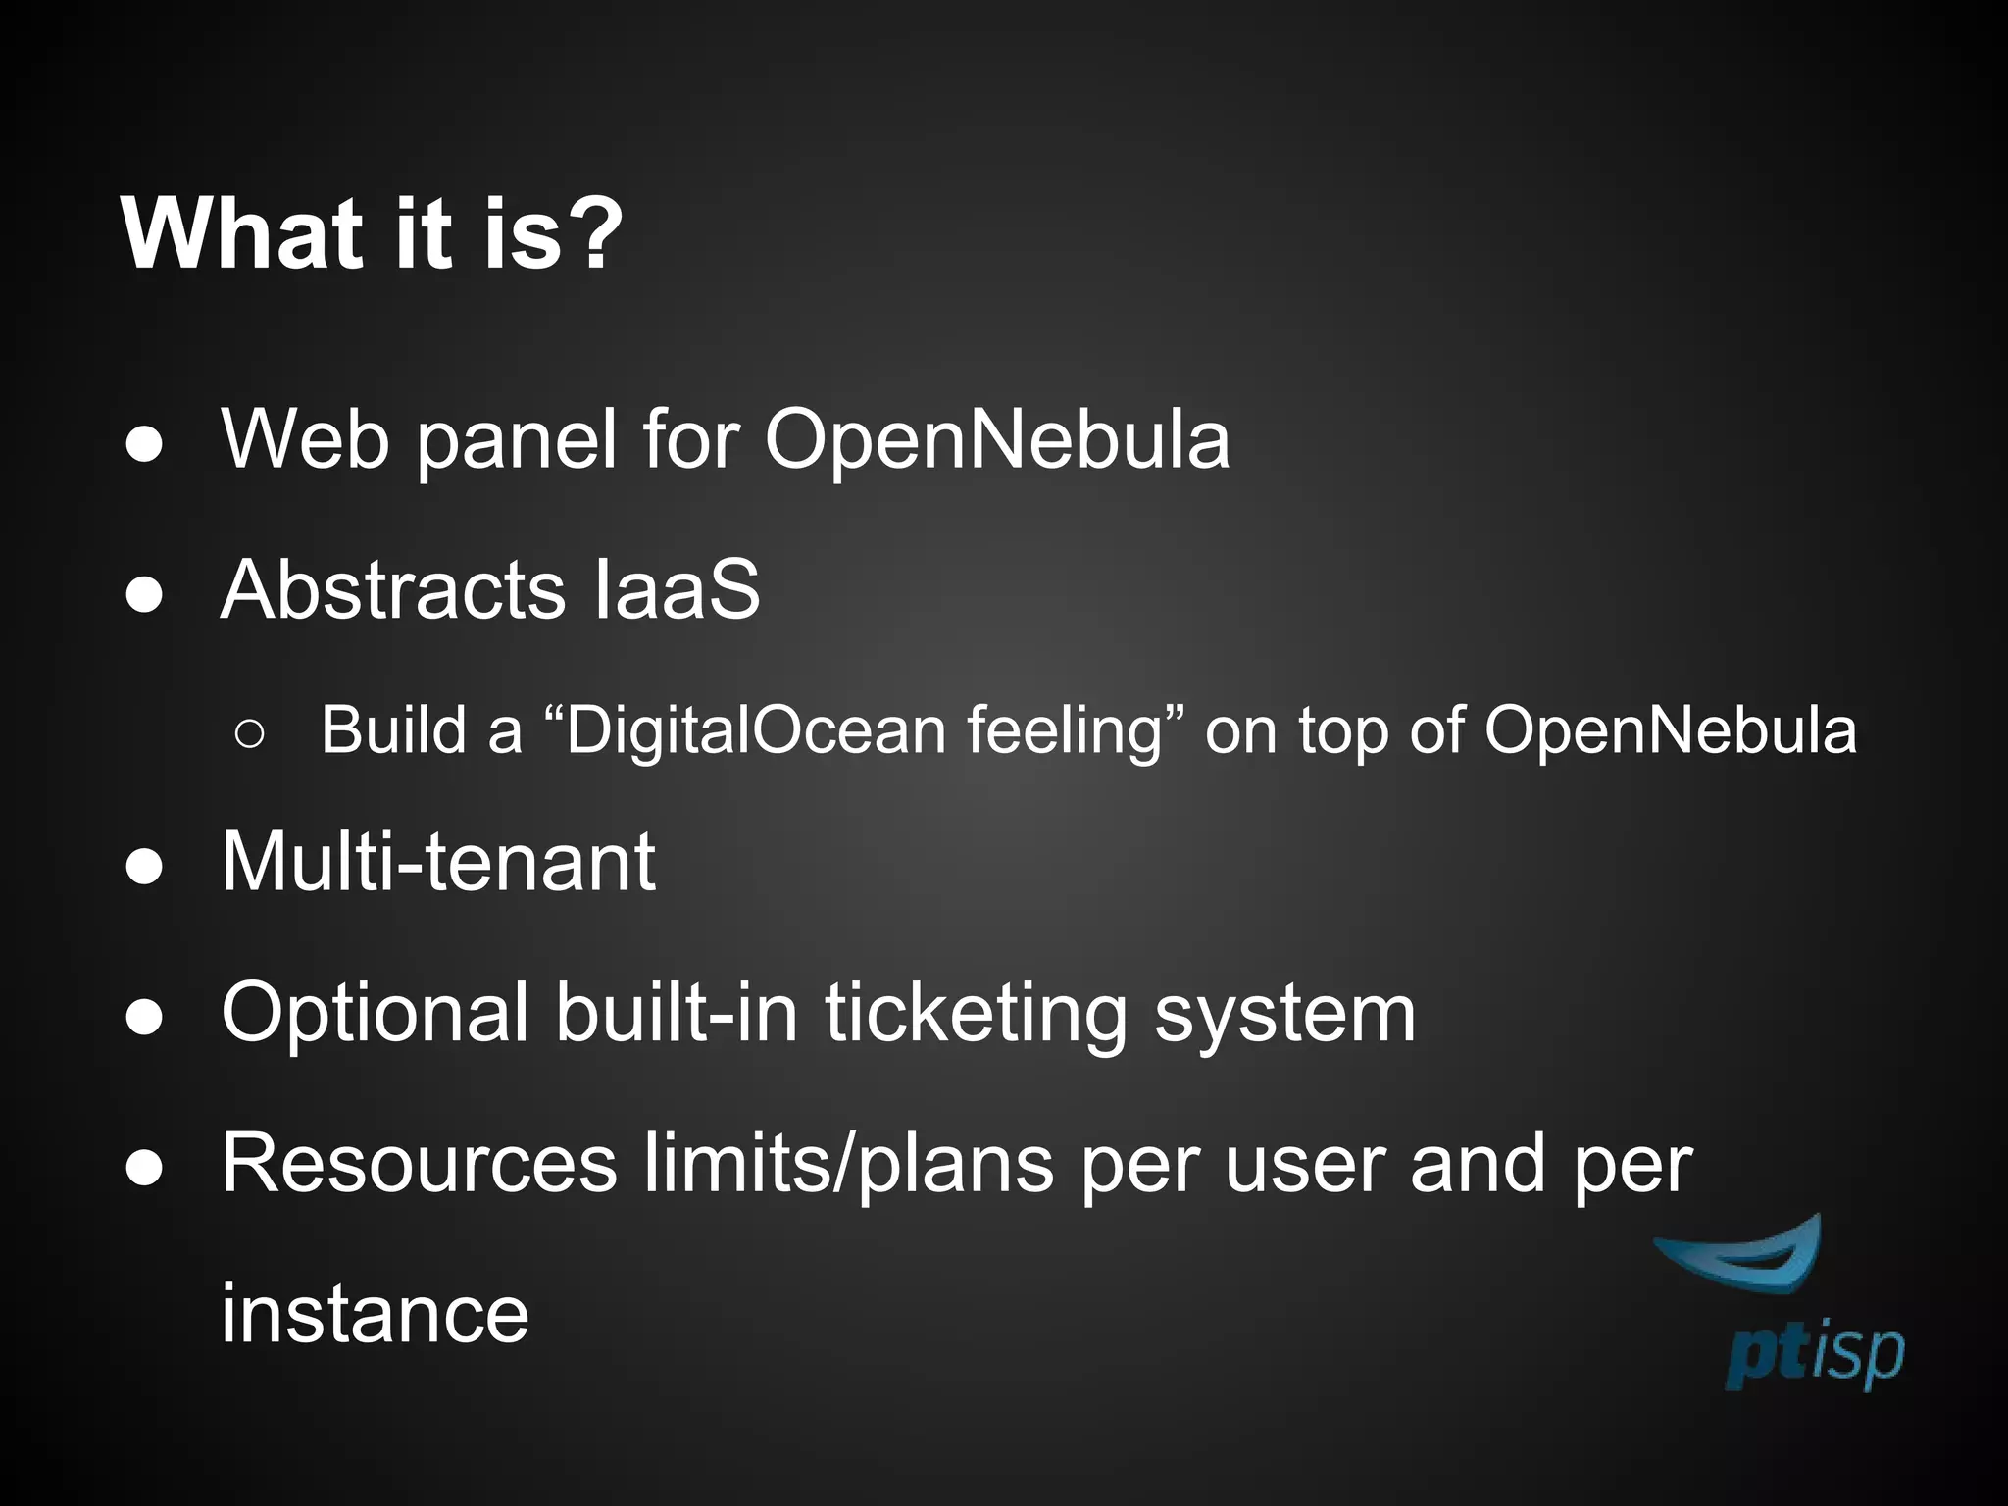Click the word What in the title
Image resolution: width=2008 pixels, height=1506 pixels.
pos(235,234)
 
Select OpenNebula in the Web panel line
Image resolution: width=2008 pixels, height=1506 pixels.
pos(996,440)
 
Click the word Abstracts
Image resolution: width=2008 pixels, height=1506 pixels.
pos(393,590)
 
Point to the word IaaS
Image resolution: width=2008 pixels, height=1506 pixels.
pos(678,590)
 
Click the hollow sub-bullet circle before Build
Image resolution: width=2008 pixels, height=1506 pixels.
pos(250,733)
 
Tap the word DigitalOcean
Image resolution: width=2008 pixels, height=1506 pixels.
pos(756,731)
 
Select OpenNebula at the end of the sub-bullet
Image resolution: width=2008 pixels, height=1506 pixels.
pos(1670,731)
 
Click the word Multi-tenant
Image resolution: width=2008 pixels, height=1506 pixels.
pos(437,862)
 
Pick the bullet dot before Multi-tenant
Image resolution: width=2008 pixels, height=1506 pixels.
pos(145,867)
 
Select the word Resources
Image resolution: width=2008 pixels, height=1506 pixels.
pos(420,1164)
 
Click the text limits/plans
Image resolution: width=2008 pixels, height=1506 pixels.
pos(849,1164)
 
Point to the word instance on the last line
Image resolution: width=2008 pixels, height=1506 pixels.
pos(375,1314)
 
